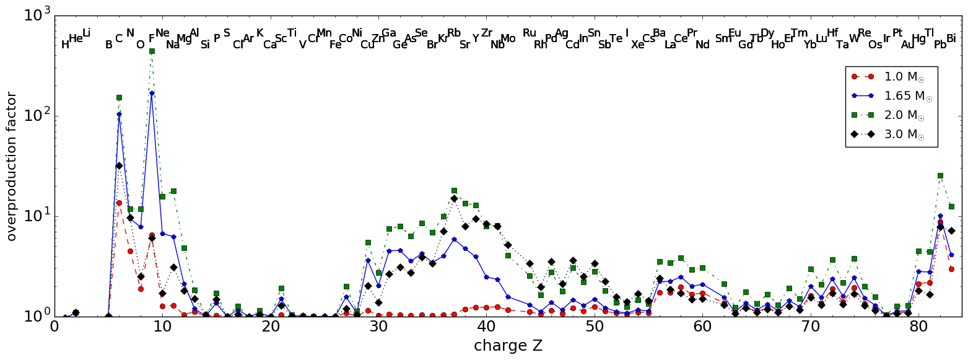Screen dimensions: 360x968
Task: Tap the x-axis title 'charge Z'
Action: (x=508, y=346)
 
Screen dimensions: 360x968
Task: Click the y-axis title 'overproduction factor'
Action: (x=11, y=166)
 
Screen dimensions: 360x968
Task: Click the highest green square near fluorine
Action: (x=152, y=51)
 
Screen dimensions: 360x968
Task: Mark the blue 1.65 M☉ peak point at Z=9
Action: (x=152, y=93)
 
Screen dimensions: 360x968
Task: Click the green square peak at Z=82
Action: (x=940, y=176)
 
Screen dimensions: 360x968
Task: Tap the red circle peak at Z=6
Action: (x=119, y=203)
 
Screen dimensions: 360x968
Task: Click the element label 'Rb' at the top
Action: (x=454, y=33)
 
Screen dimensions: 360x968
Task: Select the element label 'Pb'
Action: (x=940, y=45)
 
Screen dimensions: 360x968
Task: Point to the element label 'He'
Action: (x=76, y=38)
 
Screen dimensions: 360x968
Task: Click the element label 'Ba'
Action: (x=659, y=33)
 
